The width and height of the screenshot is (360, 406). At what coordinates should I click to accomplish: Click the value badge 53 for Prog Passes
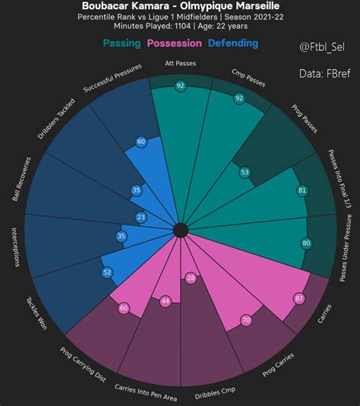tap(245, 172)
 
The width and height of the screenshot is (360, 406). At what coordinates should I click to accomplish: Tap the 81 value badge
tap(302, 190)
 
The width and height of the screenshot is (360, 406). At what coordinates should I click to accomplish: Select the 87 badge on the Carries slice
tap(298, 298)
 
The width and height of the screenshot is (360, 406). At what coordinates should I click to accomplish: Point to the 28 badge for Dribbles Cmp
tap(191, 279)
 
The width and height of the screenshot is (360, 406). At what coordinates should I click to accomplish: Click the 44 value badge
tap(166, 301)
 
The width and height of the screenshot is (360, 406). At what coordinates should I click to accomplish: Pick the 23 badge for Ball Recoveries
tap(141, 217)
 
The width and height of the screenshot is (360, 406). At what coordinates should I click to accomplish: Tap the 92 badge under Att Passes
tap(180, 86)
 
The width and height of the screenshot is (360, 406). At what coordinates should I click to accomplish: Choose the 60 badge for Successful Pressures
tap(141, 142)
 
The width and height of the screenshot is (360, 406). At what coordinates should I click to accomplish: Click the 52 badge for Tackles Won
tap(107, 272)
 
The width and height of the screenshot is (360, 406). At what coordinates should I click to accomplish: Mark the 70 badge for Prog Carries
tap(245, 321)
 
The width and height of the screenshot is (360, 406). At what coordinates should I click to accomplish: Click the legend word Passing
tap(121, 43)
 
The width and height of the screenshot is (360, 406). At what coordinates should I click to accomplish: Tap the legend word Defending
tap(232, 43)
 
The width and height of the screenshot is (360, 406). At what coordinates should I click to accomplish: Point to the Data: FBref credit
tap(322, 74)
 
